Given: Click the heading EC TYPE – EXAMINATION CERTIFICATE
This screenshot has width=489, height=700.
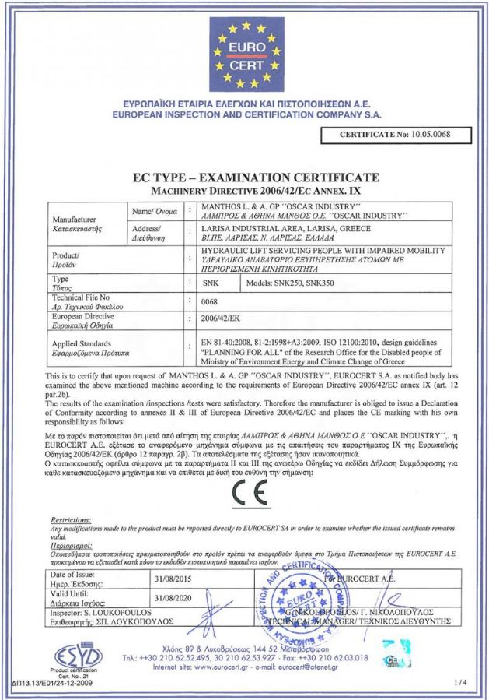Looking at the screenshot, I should [244, 178].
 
